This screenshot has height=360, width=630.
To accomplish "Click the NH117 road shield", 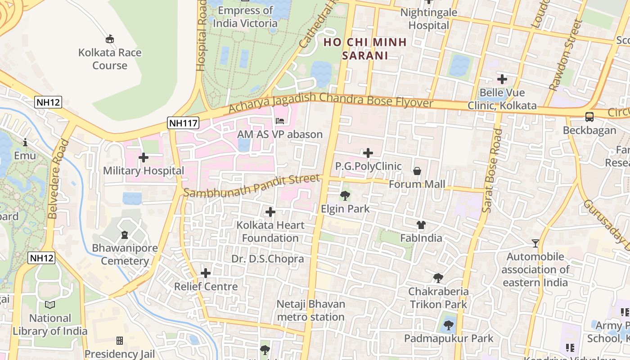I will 183,122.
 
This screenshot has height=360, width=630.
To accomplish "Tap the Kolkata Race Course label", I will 110,59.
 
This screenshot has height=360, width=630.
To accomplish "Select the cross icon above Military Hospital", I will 144,157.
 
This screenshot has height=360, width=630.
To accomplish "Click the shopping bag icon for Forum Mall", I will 417,171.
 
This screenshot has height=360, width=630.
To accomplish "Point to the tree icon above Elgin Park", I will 345,195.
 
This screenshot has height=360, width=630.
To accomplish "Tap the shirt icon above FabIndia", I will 421,225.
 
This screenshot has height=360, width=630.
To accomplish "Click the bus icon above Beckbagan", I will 589,117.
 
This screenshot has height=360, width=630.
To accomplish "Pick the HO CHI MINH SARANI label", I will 365,49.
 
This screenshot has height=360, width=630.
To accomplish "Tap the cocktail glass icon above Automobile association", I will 535,243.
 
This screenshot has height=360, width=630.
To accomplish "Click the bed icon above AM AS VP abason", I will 280,121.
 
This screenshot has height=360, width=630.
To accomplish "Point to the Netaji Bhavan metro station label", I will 311,310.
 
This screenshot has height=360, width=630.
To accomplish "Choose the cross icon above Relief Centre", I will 206,273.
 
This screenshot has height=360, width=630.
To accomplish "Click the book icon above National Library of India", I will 50,305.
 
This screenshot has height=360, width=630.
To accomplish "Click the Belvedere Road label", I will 58,179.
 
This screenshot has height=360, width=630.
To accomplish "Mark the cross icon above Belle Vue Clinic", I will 502,80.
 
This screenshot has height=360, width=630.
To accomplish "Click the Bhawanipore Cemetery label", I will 125,255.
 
